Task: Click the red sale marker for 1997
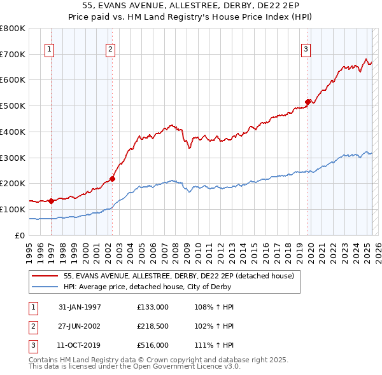click(x=50, y=201)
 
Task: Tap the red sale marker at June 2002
click(x=112, y=179)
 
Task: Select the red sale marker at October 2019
click(x=308, y=101)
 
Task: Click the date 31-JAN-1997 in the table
click(x=80, y=307)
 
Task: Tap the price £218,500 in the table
click(x=153, y=327)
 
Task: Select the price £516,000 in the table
click(x=153, y=346)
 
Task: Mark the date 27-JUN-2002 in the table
click(x=80, y=327)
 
